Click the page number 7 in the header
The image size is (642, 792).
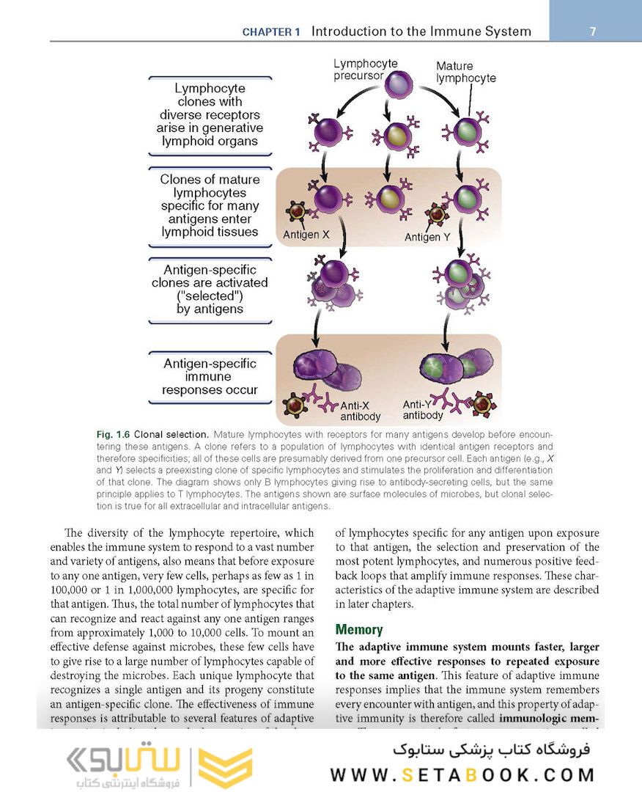(592, 32)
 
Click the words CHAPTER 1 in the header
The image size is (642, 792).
(271, 32)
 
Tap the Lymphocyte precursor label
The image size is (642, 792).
(358, 70)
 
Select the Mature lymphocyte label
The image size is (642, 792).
(465, 72)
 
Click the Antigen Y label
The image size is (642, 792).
(432, 237)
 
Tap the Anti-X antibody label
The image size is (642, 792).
(360, 411)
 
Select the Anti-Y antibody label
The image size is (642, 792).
(423, 409)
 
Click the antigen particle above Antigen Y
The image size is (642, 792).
(437, 215)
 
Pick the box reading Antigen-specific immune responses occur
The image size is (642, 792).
(210, 377)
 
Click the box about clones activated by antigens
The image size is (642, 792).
(210, 290)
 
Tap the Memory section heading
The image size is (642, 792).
(359, 629)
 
